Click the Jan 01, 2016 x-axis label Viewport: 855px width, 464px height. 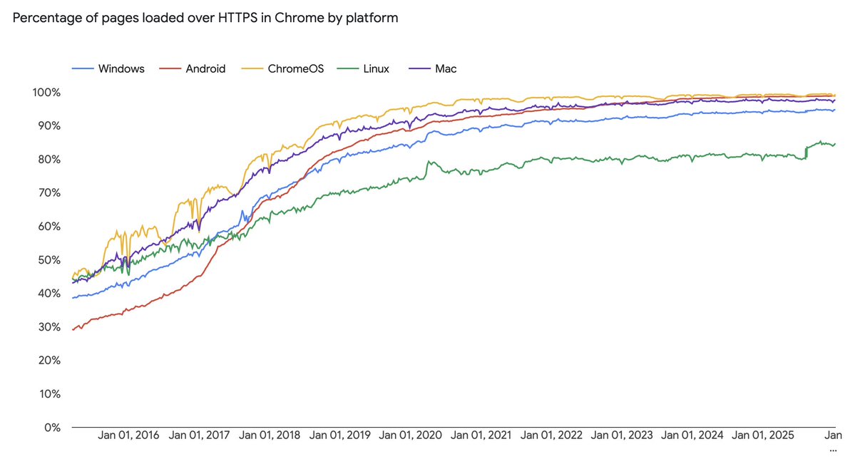coord(128,435)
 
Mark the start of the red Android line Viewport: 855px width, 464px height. coord(73,330)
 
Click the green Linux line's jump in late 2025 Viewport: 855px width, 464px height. coord(807,148)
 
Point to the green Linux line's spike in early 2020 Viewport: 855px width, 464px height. coord(429,162)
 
